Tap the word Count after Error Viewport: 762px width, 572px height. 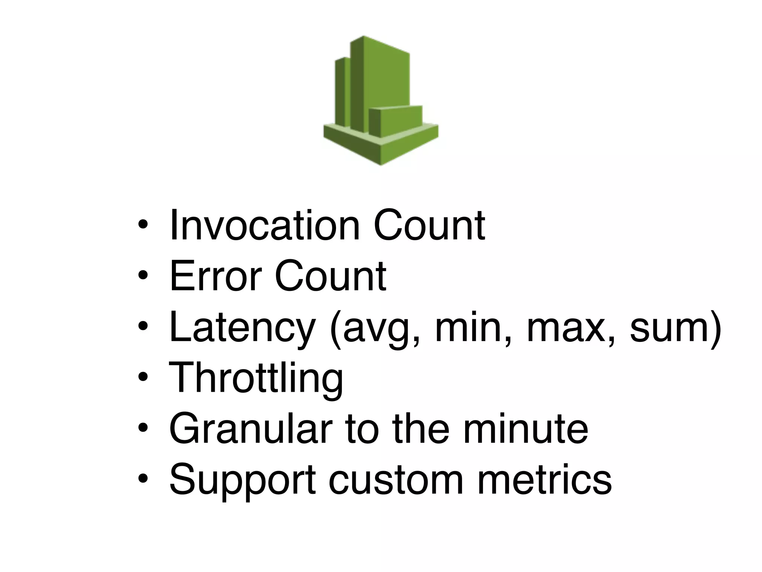tap(330, 276)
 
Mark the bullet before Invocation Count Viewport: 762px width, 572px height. tap(143, 225)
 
